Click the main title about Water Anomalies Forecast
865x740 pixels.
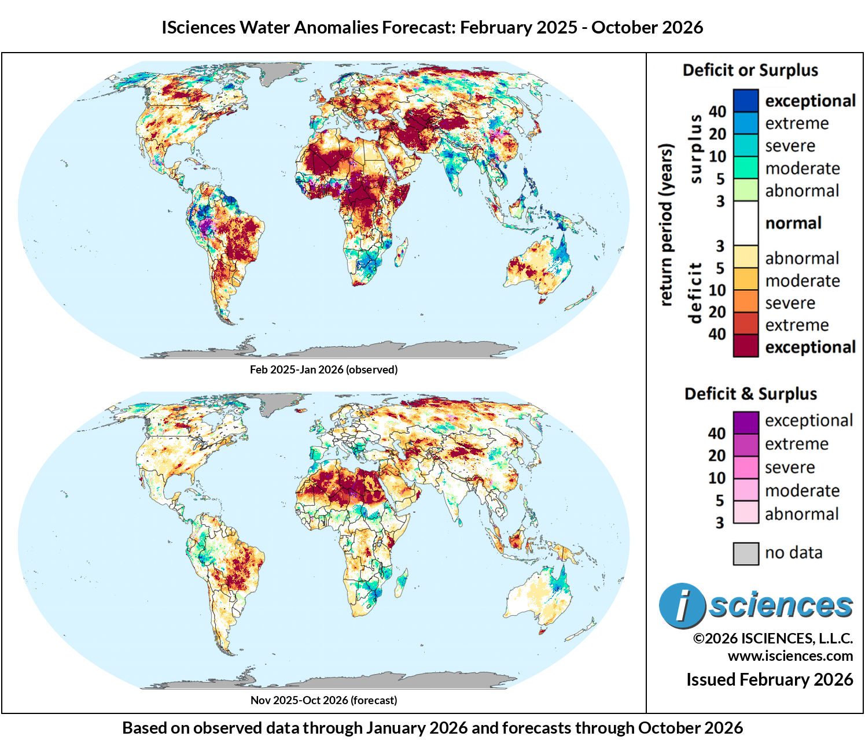(x=432, y=27)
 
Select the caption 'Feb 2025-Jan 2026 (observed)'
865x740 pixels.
(x=323, y=369)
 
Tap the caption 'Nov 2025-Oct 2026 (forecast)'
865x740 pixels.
(x=323, y=700)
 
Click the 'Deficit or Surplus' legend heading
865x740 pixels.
(x=750, y=71)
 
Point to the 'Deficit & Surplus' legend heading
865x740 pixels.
(x=750, y=394)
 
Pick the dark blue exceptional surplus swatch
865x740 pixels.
(x=745, y=101)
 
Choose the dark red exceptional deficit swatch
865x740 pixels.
(x=745, y=346)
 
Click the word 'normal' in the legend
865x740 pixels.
(x=793, y=223)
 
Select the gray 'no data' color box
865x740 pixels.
(x=745, y=553)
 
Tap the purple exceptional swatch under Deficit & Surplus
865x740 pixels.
(x=745, y=422)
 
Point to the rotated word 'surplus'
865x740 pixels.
(x=695, y=149)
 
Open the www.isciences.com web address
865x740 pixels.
(x=790, y=656)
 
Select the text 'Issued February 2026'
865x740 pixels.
(x=770, y=679)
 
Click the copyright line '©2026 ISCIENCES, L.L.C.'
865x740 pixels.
(x=773, y=638)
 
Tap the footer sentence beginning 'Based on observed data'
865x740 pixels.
(x=432, y=728)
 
